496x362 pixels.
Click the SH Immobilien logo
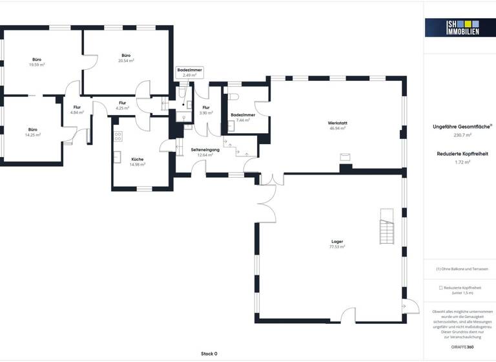click(451, 27)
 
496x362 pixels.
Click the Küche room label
click(138, 159)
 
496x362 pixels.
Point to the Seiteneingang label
click(205, 150)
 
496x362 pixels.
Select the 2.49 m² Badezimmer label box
click(189, 73)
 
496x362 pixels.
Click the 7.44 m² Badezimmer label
click(243, 117)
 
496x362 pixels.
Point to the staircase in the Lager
click(386, 230)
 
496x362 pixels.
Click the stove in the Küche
click(118, 136)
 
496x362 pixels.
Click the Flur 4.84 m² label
click(77, 110)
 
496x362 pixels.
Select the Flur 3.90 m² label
click(206, 110)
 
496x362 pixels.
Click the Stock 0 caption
click(209, 354)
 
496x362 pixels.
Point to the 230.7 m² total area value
click(462, 135)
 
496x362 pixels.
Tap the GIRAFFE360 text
click(461, 348)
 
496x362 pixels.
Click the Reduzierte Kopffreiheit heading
click(462, 154)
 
